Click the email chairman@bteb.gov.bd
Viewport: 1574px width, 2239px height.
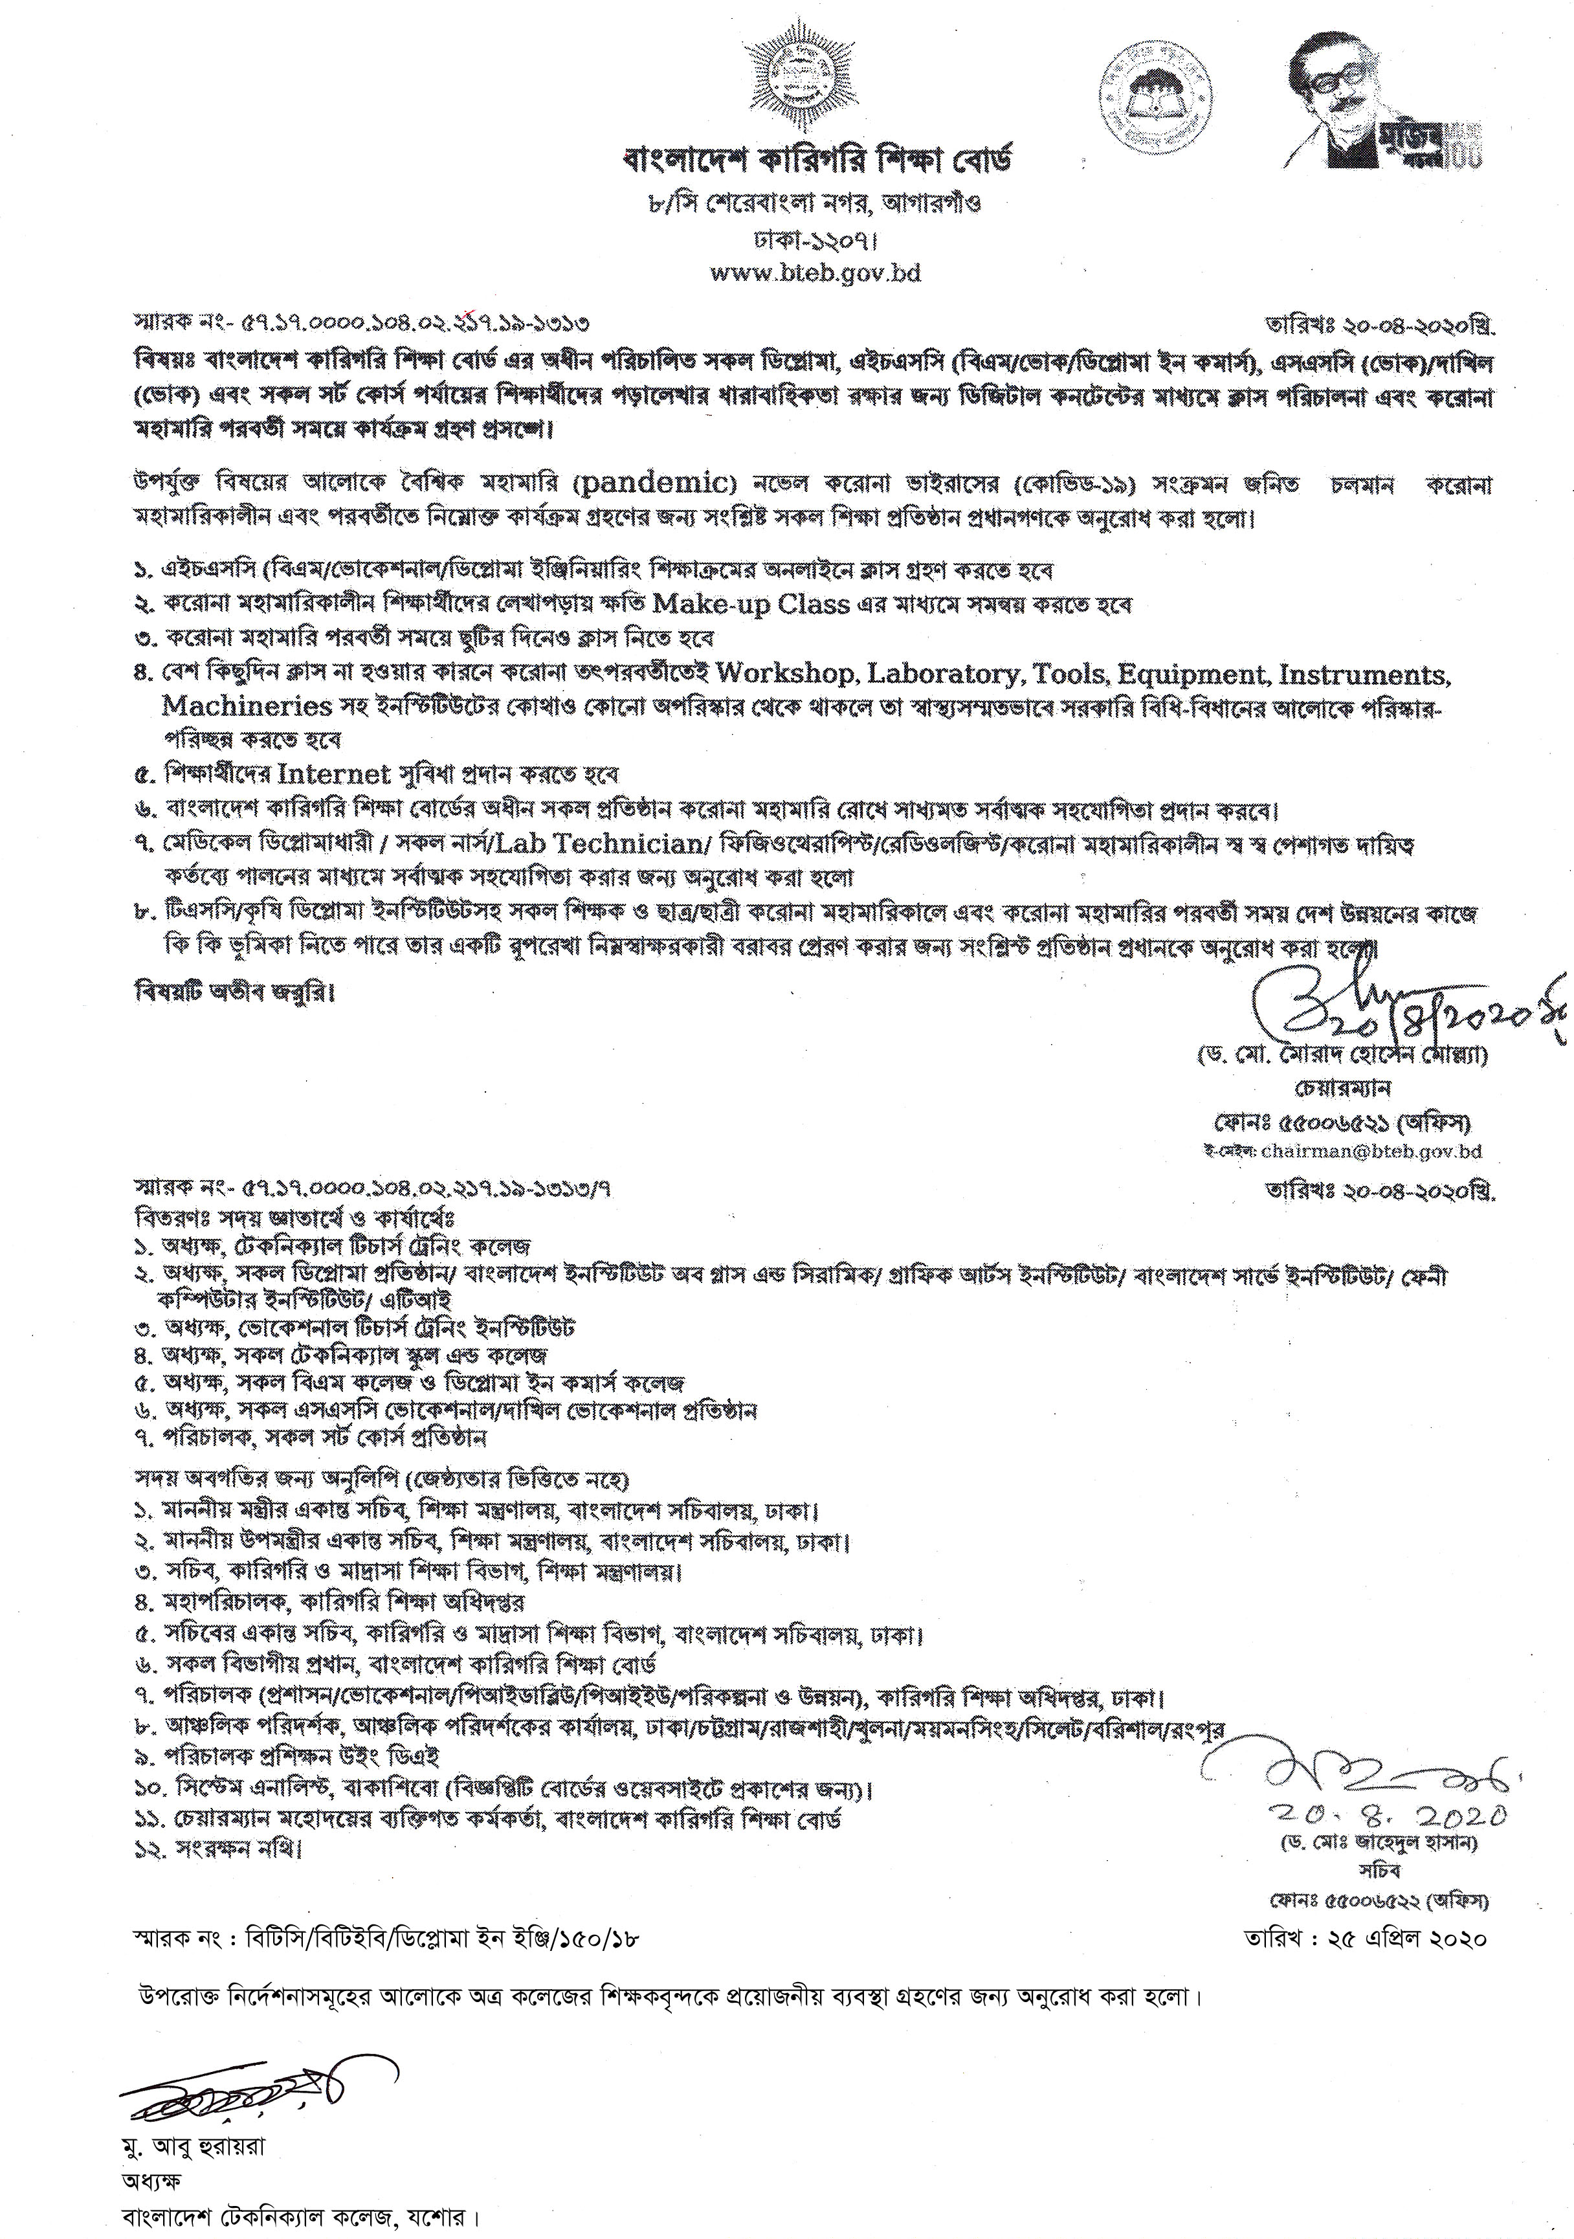1370,1152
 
